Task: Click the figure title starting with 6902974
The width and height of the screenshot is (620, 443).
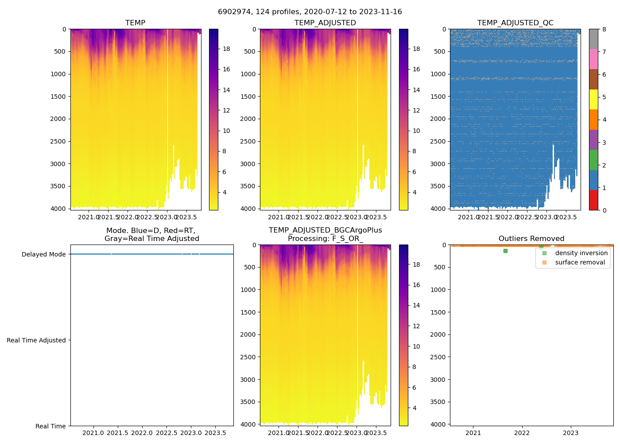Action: tap(310, 12)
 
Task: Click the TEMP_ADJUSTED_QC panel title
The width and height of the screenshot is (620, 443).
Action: tap(515, 23)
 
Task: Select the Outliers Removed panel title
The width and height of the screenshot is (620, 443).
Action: tap(531, 238)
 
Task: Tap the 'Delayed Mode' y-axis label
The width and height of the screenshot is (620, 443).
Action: tap(43, 254)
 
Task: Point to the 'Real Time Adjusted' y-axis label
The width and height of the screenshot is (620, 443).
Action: tap(36, 340)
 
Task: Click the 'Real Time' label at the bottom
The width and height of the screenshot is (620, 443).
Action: tap(50, 426)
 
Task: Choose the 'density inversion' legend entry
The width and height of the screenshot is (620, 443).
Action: tap(581, 253)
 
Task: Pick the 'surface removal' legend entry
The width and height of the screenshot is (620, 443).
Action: tap(580, 262)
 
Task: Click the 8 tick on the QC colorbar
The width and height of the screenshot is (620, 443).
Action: tap(604, 29)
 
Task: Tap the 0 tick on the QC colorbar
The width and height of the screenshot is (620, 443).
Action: tap(604, 210)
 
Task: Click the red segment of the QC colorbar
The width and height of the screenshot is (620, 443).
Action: tap(593, 200)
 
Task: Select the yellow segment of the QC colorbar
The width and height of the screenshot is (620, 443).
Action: tap(593, 99)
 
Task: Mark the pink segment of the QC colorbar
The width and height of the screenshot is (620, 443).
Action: tap(593, 59)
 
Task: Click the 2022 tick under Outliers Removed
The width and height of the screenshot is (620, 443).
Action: tap(522, 432)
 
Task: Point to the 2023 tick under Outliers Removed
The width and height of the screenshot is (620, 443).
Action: tap(571, 432)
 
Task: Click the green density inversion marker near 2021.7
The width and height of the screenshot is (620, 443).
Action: tap(505, 251)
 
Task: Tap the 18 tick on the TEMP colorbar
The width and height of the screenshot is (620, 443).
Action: tap(226, 49)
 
